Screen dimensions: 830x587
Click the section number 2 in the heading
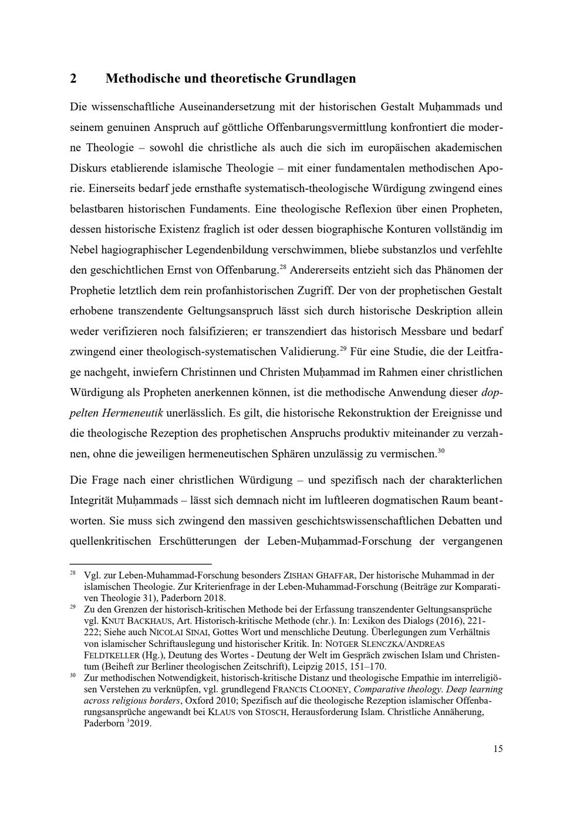(x=74, y=79)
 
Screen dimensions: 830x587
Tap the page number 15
(x=498, y=748)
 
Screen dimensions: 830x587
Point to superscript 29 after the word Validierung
(x=343, y=349)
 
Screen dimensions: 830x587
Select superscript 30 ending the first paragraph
(x=441, y=450)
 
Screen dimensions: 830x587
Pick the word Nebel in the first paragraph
(x=85, y=249)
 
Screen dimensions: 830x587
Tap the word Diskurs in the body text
(x=88, y=168)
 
